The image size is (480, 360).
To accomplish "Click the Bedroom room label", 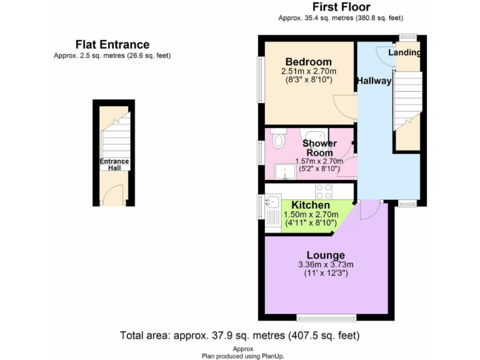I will [308, 62].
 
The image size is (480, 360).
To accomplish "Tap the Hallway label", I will [374, 81].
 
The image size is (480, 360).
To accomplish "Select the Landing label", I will [404, 52].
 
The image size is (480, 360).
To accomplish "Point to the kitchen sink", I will [272, 202].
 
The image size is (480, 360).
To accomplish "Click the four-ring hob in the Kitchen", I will [323, 191].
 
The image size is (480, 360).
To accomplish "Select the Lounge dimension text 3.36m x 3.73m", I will [326, 264].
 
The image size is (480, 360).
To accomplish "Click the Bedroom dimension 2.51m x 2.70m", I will [308, 71].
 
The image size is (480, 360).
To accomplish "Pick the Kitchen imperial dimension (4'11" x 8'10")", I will [311, 222].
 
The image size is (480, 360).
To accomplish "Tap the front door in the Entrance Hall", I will [111, 197].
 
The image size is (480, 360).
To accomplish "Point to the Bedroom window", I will [261, 78].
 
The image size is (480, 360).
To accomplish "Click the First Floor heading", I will [337, 7].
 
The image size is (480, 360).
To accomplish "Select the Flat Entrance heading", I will [112, 44].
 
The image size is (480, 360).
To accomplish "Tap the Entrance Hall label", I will [114, 165].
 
